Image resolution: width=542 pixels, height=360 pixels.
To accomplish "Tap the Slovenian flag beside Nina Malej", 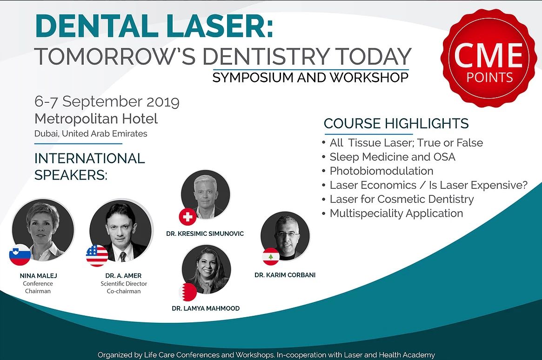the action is tap(20, 254).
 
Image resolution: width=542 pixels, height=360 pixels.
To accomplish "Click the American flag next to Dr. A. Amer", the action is tap(97, 256).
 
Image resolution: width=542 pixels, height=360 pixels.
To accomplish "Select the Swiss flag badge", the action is tap(187, 217).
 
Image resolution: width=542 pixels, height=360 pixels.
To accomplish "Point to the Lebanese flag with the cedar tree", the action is tap(271, 257).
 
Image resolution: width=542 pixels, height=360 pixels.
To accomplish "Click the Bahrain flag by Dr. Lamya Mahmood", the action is tap(188, 292).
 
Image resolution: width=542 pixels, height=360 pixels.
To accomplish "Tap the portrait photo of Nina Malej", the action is tap(43, 229).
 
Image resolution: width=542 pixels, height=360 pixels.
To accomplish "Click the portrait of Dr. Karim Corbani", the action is tap(285, 236).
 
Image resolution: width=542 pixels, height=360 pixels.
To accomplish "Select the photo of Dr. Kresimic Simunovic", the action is tap(206, 194).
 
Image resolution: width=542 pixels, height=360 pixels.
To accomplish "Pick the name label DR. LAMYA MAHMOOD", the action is tap(206, 308).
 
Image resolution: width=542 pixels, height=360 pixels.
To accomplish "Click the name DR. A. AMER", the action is tap(123, 276).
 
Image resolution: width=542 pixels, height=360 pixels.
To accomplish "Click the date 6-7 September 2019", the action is tap(107, 101).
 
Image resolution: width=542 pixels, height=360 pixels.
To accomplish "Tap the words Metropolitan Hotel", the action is tap(96, 119).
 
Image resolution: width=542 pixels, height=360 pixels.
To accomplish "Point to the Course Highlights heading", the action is tap(396, 123).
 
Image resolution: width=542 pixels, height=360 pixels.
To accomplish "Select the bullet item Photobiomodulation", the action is tap(381, 171).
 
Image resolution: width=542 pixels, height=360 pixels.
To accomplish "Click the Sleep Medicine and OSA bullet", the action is tap(392, 157).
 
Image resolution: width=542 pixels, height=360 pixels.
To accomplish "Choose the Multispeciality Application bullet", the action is tap(396, 213).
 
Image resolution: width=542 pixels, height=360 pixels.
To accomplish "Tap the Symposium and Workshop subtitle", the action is tap(310, 77).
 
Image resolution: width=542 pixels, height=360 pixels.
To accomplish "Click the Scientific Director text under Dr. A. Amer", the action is tap(124, 284).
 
